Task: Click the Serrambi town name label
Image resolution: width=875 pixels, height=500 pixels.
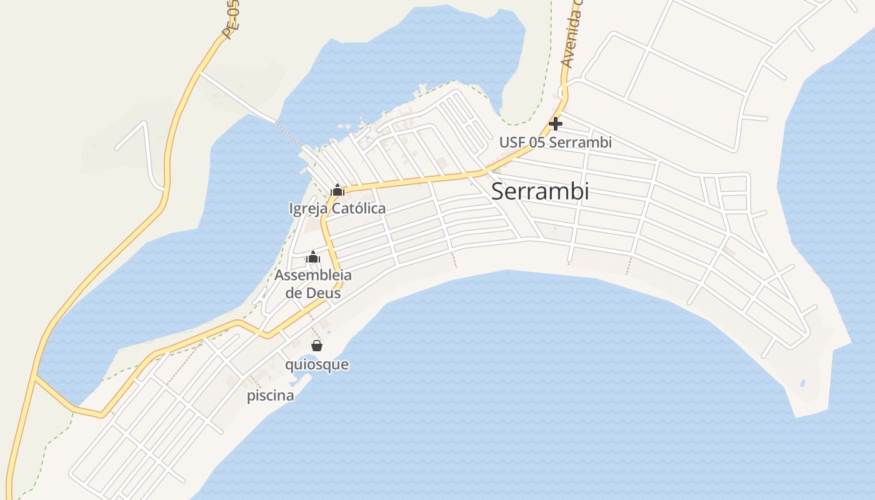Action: click(x=540, y=191)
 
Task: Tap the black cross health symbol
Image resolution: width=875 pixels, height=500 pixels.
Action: click(x=556, y=124)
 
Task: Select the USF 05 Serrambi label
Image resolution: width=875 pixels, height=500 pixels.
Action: click(x=555, y=142)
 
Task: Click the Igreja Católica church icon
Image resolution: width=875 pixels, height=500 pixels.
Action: click(x=337, y=190)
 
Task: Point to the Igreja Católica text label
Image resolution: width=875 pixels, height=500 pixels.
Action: click(x=337, y=208)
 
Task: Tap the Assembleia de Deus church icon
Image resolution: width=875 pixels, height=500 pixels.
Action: click(x=313, y=257)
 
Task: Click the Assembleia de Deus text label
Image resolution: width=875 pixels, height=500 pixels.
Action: click(x=313, y=284)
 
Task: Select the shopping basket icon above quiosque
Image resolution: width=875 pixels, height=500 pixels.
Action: click(x=317, y=346)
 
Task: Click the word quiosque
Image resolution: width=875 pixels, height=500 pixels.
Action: click(x=317, y=364)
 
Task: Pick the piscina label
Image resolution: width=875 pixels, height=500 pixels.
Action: click(x=271, y=396)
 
